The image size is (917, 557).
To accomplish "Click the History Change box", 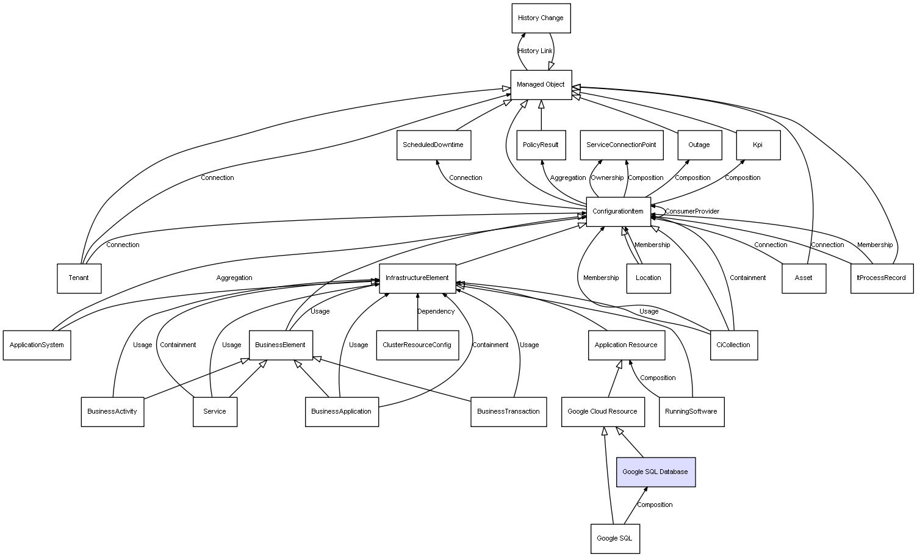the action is click(x=541, y=18).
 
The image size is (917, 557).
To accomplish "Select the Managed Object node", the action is click(x=541, y=85).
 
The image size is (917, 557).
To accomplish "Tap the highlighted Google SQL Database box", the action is click(x=655, y=472).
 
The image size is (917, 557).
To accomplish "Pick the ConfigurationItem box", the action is click(x=618, y=212).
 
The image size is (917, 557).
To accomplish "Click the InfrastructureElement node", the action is click(x=417, y=278).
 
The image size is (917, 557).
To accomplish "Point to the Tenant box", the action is click(x=79, y=278).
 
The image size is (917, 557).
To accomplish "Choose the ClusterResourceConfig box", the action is click(x=417, y=345).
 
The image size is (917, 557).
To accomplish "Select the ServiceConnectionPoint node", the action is click(x=622, y=145).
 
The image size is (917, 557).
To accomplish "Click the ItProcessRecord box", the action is click(x=882, y=278).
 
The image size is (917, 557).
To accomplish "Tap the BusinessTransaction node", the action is click(x=508, y=412).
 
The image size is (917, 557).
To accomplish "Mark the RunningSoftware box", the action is click(x=691, y=412).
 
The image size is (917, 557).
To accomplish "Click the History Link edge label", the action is click(x=535, y=51).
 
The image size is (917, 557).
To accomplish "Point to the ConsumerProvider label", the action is click(x=692, y=211).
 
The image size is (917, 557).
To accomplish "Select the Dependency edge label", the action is click(x=436, y=312).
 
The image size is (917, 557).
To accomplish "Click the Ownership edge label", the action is click(x=607, y=178).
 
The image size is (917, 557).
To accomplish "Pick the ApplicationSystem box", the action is click(x=37, y=345).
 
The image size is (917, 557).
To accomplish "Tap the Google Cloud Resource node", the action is click(x=603, y=412).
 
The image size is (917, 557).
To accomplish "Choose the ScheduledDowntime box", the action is click(x=434, y=145).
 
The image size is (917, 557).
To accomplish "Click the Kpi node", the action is click(x=758, y=145).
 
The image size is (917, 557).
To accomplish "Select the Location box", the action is click(x=649, y=278).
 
